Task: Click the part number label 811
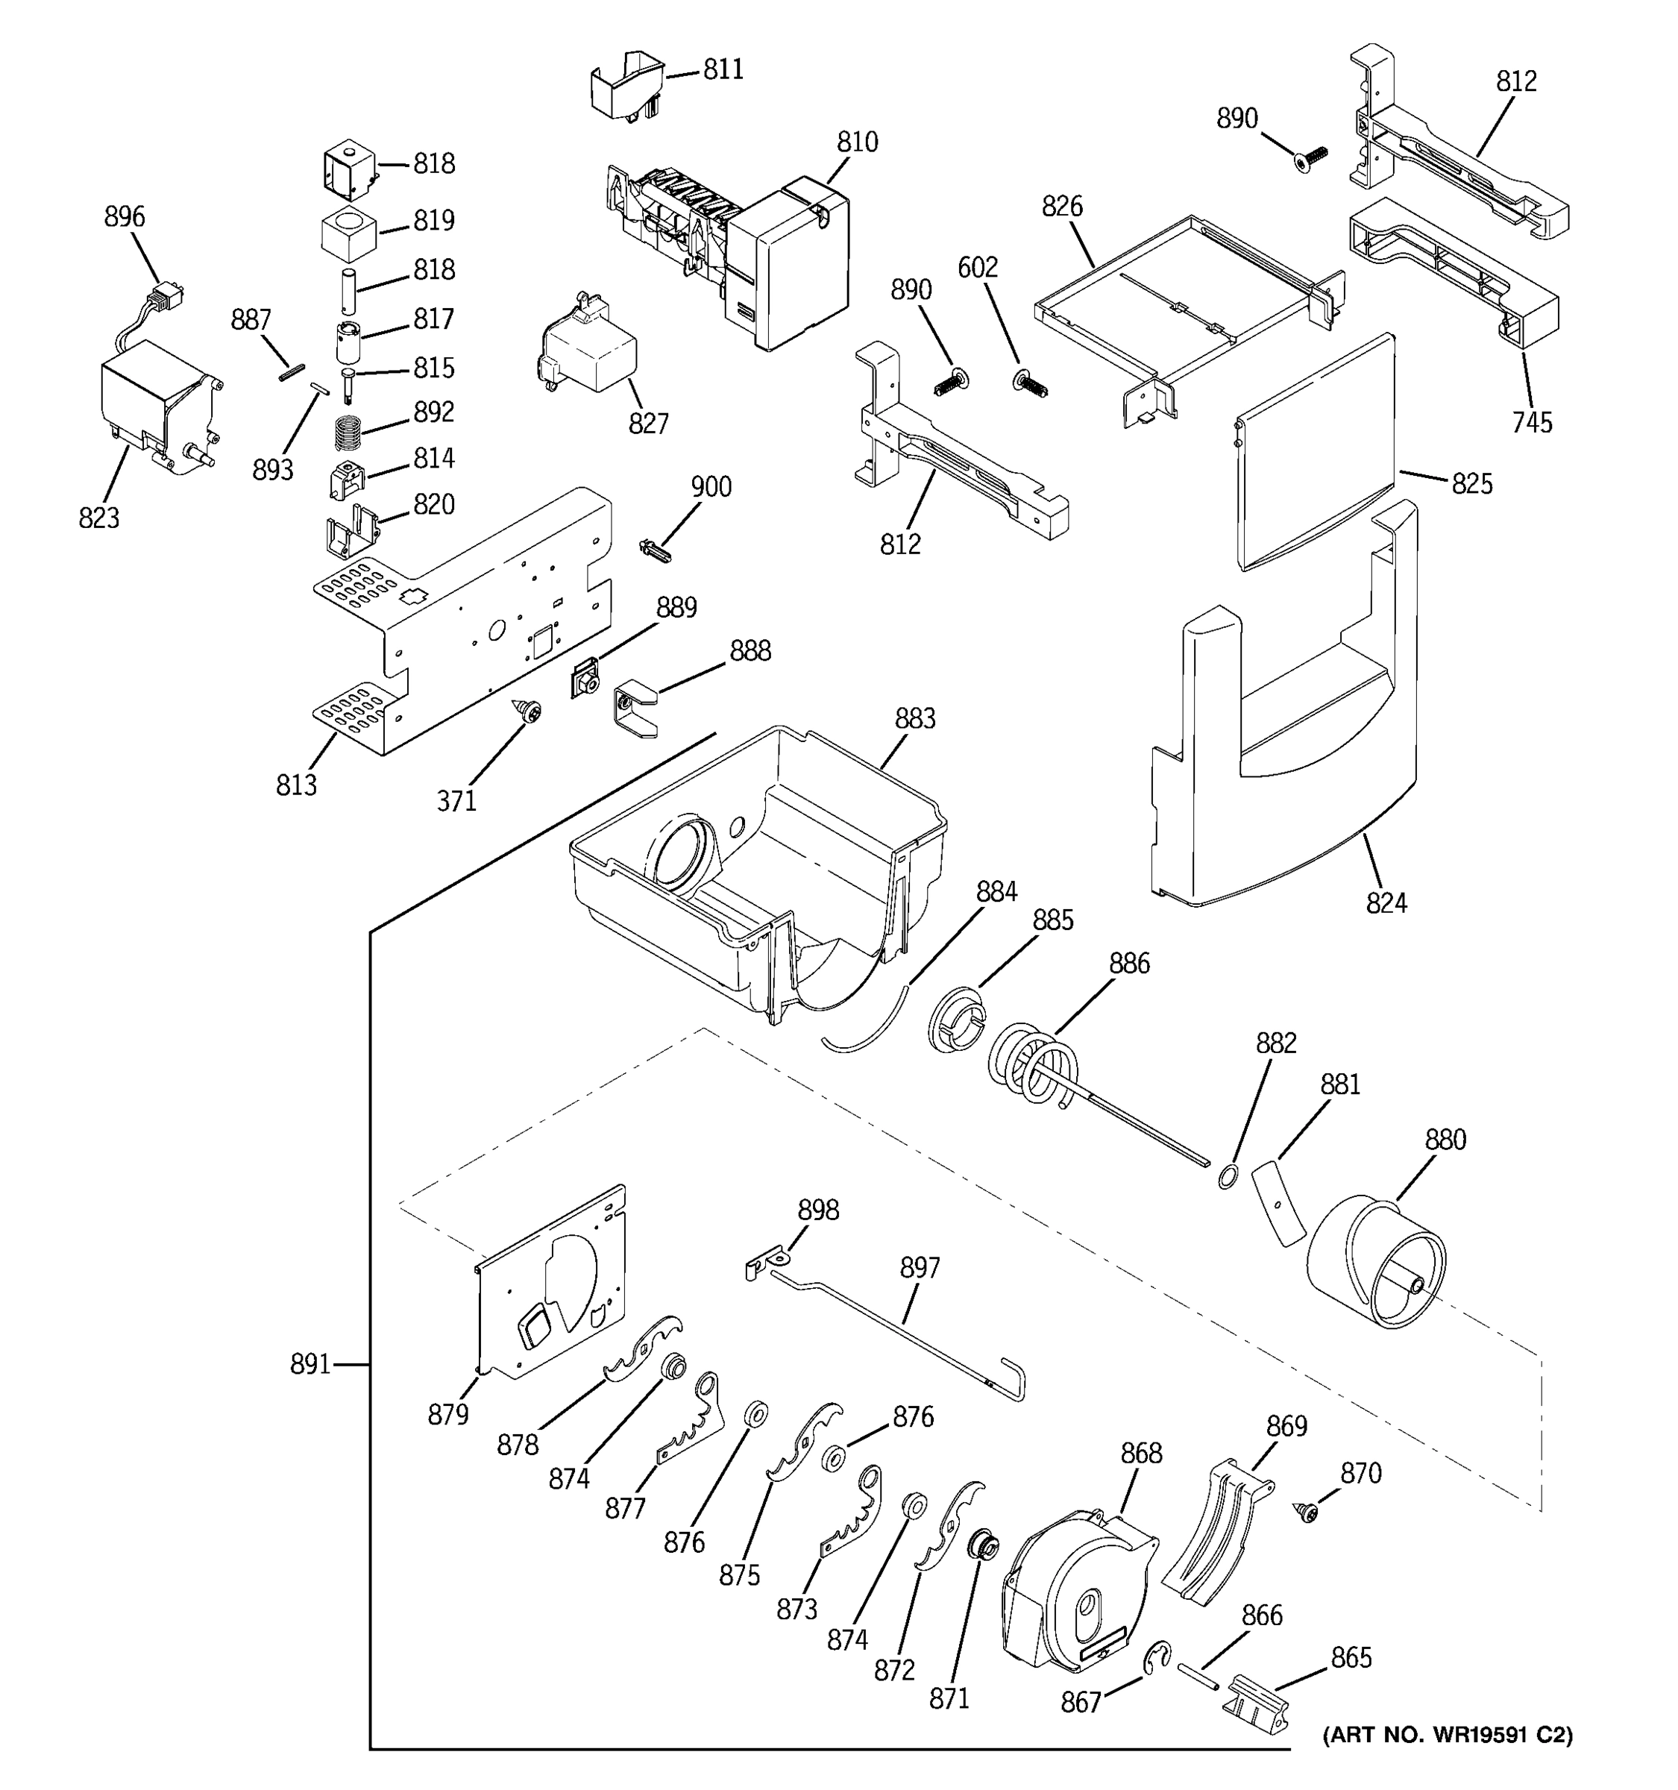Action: [723, 69]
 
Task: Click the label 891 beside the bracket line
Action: [309, 1365]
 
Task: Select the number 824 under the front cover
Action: [1386, 903]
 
